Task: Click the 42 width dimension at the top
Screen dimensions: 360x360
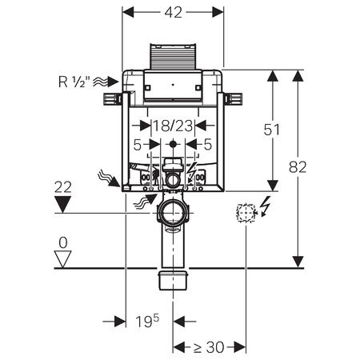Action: pos(173,12)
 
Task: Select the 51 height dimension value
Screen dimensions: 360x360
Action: pos(272,130)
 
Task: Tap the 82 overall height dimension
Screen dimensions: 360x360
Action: pos(298,167)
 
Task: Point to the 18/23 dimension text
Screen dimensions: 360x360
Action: pos(173,126)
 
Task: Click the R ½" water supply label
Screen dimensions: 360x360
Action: pos(72,82)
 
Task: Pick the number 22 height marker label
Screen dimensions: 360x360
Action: pos(63,187)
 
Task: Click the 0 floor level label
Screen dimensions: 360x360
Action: pos(63,243)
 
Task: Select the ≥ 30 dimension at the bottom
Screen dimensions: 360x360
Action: pos(209,347)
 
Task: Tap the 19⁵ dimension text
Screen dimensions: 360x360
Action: pos(147,321)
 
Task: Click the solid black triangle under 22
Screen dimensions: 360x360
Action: pos(62,204)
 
